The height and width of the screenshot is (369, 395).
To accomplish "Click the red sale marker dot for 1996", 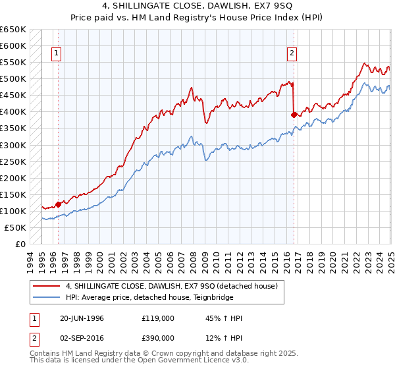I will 58,204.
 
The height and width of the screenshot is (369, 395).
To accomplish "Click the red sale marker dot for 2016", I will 294,115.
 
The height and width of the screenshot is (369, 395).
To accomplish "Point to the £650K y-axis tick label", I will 13,30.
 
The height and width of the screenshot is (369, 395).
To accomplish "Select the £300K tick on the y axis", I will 13,145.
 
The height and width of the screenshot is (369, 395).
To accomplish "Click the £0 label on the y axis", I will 20,244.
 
